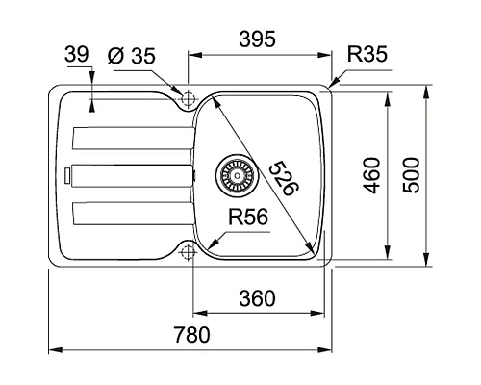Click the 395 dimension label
click(257, 39)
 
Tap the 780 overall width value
click(192, 334)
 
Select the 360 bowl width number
click(257, 298)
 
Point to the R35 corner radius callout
click(367, 54)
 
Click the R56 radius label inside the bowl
click(248, 217)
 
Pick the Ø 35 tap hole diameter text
click(132, 56)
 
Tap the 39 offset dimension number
click(76, 54)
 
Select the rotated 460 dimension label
click(372, 175)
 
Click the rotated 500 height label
click(411, 175)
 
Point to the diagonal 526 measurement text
click(284, 179)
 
